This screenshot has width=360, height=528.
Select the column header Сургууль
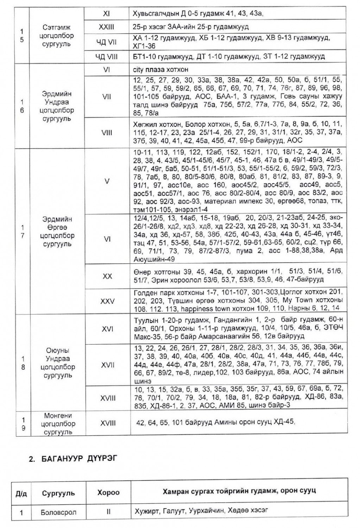click(x=58, y=492)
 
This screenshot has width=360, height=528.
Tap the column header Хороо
click(x=108, y=492)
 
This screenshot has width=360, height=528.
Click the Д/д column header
click(x=21, y=492)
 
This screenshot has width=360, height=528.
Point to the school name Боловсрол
click(x=58, y=512)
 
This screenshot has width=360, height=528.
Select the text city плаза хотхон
click(x=161, y=70)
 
